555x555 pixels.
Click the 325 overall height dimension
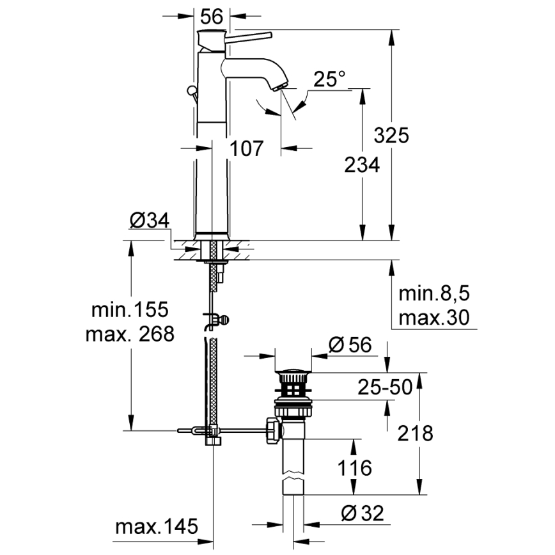391,135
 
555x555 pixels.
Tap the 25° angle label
329,80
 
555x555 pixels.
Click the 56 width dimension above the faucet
211,15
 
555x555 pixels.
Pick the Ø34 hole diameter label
148,221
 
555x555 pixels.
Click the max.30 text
434,317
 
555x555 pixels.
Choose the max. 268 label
129,334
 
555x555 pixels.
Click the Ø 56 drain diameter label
350,345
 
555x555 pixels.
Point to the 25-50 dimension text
384,387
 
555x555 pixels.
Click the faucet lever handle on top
249,35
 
